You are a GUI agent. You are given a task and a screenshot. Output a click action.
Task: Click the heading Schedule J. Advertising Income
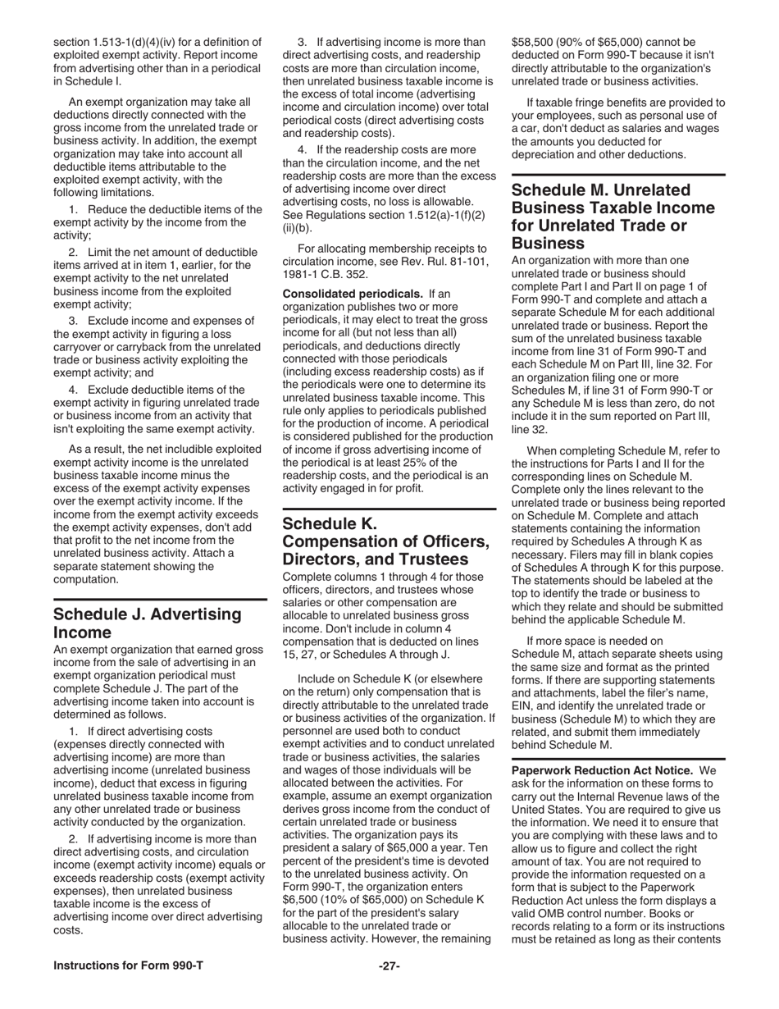[148, 623]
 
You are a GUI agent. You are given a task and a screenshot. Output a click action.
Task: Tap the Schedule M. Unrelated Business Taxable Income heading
[613, 216]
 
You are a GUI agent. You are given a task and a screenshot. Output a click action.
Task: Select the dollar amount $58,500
[535, 42]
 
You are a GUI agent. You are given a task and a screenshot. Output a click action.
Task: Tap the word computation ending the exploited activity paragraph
[88, 579]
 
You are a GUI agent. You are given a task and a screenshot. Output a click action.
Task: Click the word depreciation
[547, 154]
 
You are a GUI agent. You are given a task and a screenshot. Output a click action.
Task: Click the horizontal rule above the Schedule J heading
[160, 600]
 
